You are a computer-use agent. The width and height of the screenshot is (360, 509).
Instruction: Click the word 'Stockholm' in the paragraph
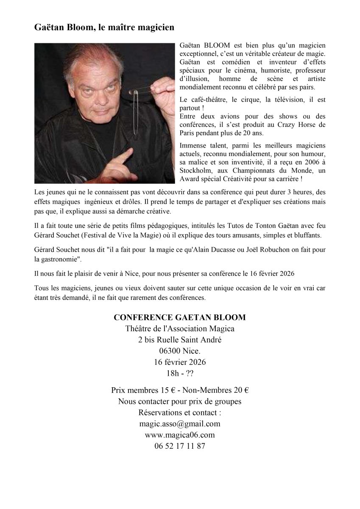point(196,170)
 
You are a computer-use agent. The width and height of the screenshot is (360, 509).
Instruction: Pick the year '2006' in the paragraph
point(299,162)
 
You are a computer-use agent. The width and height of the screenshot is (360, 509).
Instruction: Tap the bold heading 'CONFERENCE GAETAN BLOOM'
point(180,318)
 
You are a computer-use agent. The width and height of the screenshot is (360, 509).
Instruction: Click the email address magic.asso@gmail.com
point(180,423)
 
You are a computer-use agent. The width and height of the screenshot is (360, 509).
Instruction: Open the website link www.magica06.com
point(180,435)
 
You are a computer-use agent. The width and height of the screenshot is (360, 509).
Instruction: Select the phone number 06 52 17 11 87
point(180,446)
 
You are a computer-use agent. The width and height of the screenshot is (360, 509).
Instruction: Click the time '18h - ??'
point(180,373)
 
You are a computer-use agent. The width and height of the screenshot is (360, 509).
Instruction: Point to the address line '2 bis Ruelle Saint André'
point(180,340)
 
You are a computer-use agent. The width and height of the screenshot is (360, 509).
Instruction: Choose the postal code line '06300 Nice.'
point(180,351)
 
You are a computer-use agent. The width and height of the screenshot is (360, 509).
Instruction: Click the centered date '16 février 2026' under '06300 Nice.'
point(180,362)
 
